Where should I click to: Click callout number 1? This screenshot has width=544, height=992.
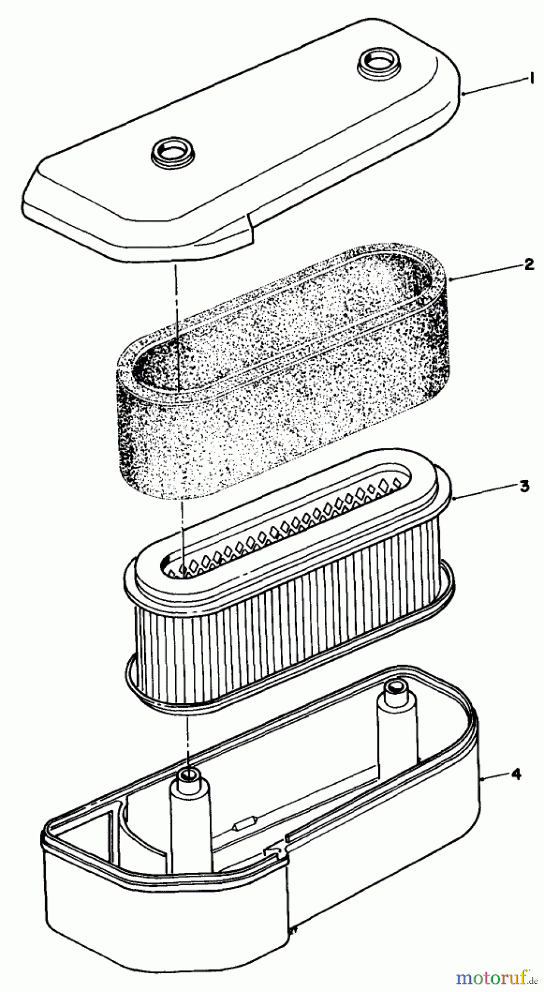click(x=532, y=79)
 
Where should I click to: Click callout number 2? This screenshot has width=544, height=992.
click(x=528, y=265)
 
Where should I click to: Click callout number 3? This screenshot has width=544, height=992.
click(x=525, y=486)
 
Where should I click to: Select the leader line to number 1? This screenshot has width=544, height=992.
click(x=493, y=88)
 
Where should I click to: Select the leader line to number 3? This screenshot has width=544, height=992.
click(x=485, y=492)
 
